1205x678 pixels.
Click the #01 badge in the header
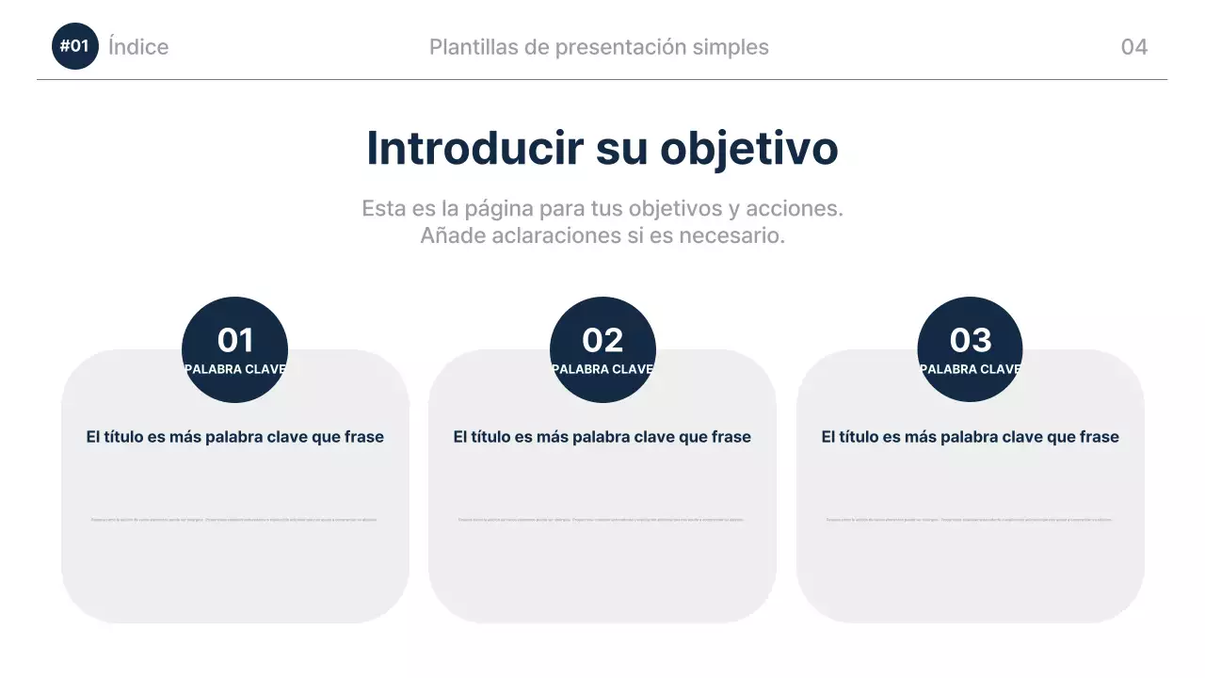(x=74, y=46)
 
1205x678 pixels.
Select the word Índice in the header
(x=138, y=47)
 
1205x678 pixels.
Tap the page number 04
(x=1133, y=47)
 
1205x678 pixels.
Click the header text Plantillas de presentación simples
(x=599, y=47)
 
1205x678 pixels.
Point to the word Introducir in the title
(x=473, y=149)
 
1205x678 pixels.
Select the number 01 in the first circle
(x=234, y=340)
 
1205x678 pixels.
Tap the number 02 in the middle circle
(x=602, y=340)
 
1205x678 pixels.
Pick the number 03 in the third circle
(x=970, y=340)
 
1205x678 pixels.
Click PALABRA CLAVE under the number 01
(x=234, y=369)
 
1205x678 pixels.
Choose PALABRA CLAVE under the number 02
(x=602, y=369)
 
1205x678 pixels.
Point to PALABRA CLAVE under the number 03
(x=970, y=369)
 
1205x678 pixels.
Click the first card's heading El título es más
(x=234, y=437)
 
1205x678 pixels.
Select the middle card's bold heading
(x=602, y=437)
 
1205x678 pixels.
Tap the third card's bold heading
(x=970, y=437)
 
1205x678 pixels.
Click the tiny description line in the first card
(x=234, y=519)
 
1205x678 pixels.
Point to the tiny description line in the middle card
(x=602, y=519)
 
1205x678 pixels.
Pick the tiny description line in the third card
(x=970, y=519)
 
